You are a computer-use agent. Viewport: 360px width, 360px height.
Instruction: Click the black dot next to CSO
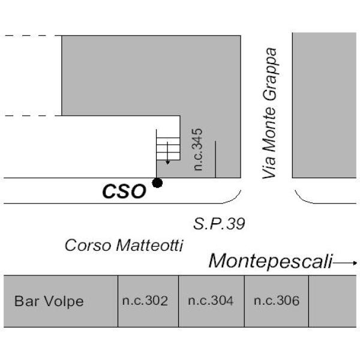[157, 183]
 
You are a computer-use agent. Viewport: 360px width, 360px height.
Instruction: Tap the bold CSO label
[124, 191]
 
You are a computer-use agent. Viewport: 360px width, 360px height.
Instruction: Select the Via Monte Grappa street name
[269, 113]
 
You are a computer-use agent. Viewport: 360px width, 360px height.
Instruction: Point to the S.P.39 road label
[219, 224]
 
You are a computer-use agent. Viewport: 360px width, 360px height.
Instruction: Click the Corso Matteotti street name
[124, 245]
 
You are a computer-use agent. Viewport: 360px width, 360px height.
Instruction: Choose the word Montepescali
[271, 261]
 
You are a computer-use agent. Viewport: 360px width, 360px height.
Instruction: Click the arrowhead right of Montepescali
[355, 263]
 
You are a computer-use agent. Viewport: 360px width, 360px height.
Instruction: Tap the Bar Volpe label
[49, 301]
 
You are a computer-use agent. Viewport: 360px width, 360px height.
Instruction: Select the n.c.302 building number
[145, 301]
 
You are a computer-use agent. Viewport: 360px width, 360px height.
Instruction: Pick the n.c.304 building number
[211, 301]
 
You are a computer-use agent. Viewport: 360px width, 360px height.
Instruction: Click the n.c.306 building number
[277, 301]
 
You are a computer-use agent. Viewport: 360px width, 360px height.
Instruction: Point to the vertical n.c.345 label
[197, 149]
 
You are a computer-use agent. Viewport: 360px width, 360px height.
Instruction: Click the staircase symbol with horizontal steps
[168, 149]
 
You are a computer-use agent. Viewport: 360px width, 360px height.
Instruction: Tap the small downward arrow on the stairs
[167, 153]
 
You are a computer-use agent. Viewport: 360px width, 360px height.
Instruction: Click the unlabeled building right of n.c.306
[332, 301]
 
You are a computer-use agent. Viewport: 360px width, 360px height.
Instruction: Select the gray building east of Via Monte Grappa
[324, 105]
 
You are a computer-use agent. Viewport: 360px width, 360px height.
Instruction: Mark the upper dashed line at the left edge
[31, 35]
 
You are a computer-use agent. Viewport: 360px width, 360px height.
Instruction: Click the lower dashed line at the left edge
[31, 116]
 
